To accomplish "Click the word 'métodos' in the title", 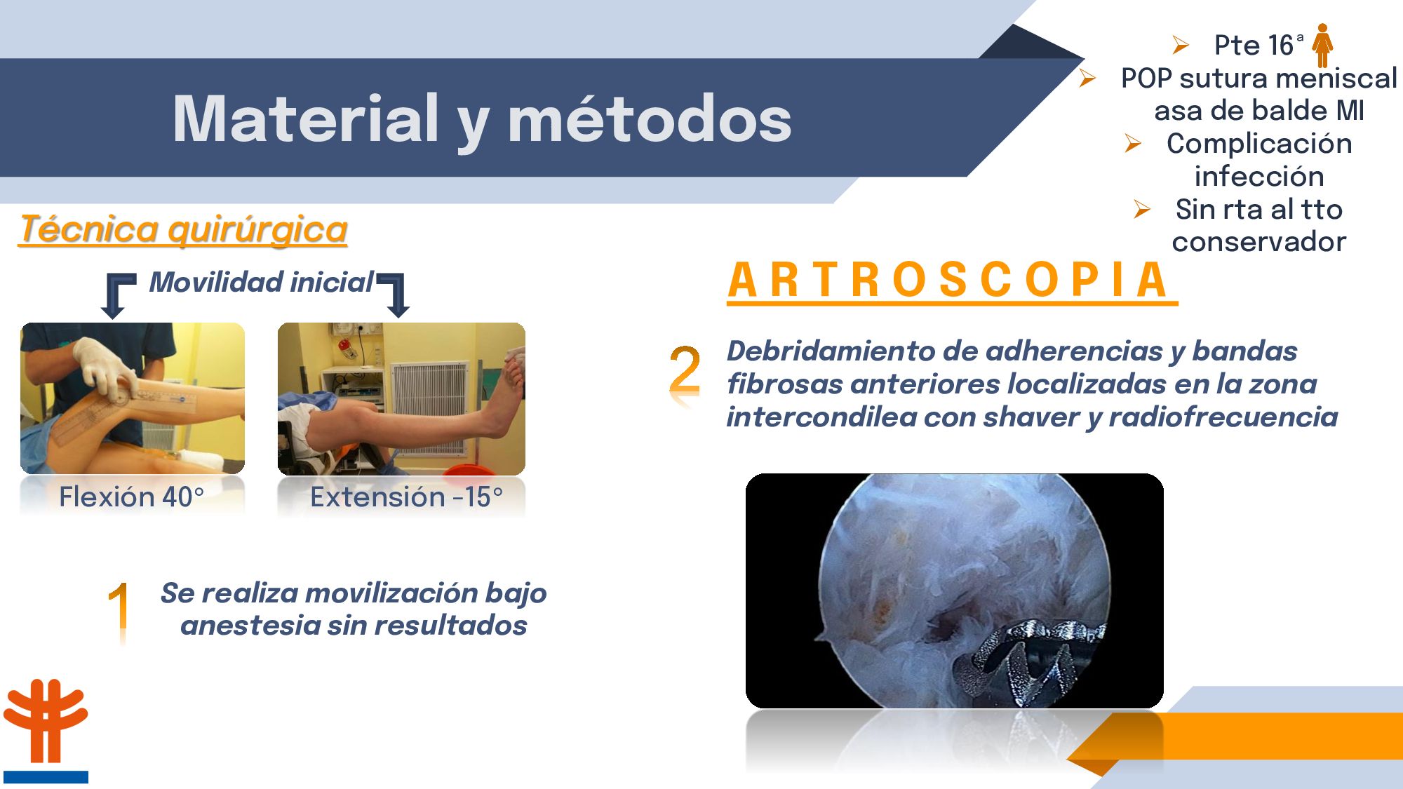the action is [650, 119].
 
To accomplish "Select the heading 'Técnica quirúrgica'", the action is [184, 229].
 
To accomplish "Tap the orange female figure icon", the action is [1322, 45].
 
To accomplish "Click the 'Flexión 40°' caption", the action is [131, 497].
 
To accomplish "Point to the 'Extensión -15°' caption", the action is [407, 497].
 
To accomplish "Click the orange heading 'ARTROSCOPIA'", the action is [948, 280].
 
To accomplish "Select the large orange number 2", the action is [685, 370].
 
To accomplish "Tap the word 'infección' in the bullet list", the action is [1259, 176].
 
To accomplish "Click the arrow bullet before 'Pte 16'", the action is [1181, 46].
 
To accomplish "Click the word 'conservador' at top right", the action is [1259, 242].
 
